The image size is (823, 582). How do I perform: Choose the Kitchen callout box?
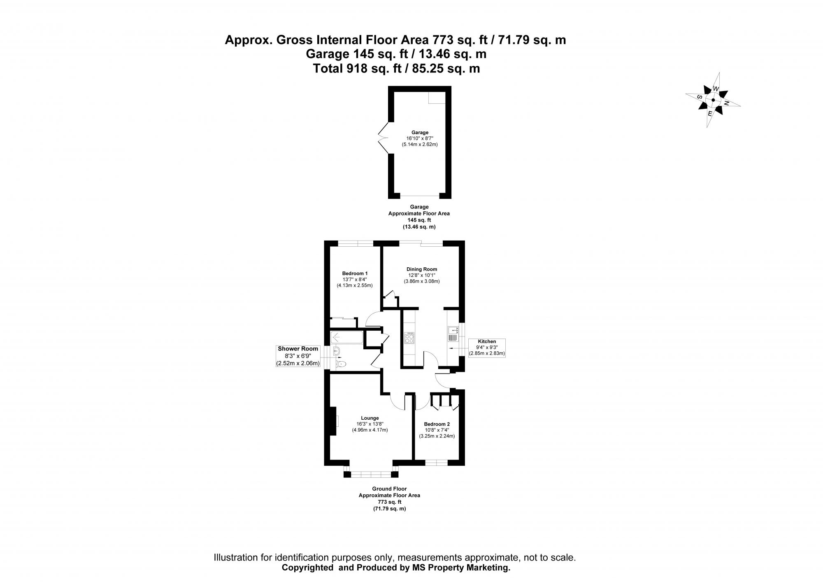487,347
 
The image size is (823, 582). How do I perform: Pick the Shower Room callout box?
298,356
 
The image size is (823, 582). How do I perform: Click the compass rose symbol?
713,100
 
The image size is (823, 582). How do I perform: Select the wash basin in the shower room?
336,351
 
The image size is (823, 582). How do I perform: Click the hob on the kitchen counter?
410,338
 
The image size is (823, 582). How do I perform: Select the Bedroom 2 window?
436,463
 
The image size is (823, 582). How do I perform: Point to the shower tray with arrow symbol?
346,338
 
